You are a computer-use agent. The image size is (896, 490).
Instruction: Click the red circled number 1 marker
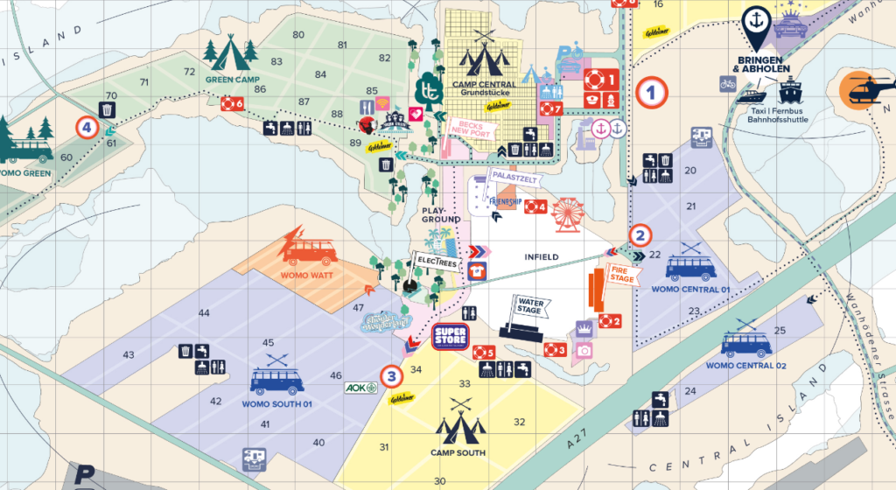click(x=651, y=92)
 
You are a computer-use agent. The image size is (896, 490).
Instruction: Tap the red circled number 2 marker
click(x=640, y=235)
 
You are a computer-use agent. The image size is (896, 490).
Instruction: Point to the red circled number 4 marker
click(x=86, y=128)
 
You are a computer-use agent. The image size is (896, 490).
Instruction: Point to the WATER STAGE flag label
click(x=530, y=307)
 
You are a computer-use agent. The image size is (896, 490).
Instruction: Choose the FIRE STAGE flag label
click(x=621, y=274)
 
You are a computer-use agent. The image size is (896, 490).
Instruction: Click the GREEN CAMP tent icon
click(x=231, y=53)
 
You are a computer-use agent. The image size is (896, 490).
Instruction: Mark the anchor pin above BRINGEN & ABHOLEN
click(x=756, y=24)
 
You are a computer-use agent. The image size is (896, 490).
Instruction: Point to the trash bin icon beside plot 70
click(x=106, y=110)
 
